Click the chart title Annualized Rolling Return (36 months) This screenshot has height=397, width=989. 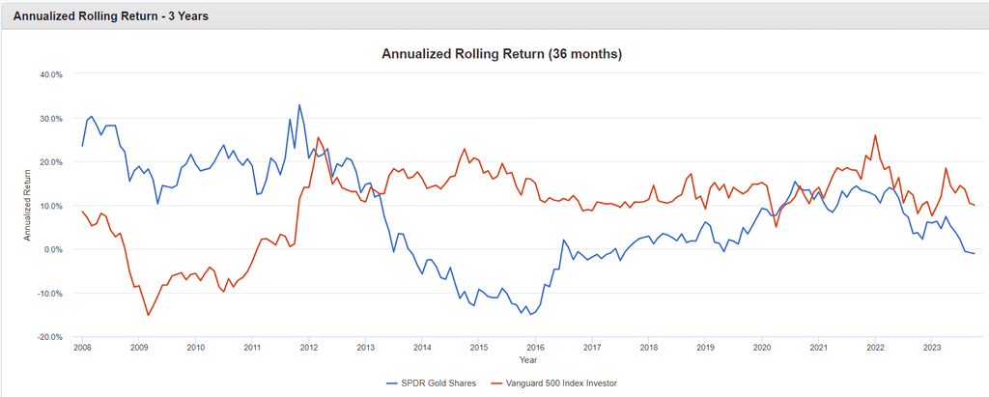[x=501, y=54]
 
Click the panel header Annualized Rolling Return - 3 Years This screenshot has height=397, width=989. [x=110, y=16]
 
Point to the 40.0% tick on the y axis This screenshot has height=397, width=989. [x=50, y=74]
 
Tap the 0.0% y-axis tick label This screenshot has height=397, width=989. [x=52, y=249]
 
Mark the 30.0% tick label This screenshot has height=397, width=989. [x=50, y=118]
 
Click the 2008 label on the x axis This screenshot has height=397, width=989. [x=82, y=347]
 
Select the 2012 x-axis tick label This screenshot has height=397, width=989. [x=309, y=347]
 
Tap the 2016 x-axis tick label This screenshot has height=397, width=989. [x=535, y=347]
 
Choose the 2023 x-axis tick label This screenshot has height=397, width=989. [x=932, y=347]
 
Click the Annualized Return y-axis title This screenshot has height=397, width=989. [x=27, y=205]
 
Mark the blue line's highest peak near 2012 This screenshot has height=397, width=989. [x=299, y=104]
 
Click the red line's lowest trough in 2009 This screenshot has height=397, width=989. [x=148, y=315]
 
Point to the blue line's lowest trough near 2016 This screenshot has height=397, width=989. [x=530, y=315]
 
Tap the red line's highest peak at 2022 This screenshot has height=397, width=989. [x=875, y=135]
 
